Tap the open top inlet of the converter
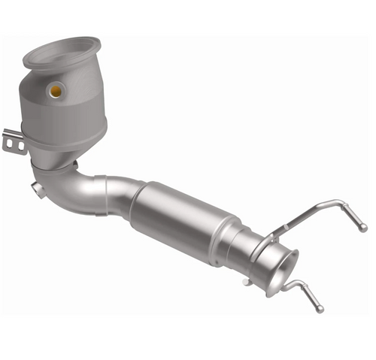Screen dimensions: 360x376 [x=65, y=51]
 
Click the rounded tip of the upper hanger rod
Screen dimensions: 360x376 [x=363, y=227]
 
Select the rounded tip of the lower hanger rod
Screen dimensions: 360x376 [x=320, y=308]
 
